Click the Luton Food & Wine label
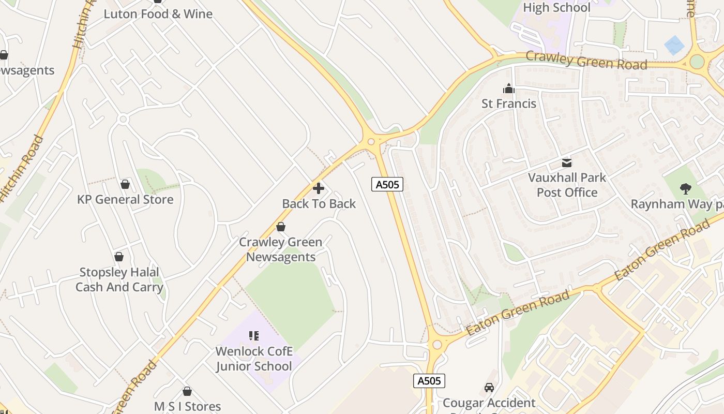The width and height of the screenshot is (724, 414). [x=158, y=14]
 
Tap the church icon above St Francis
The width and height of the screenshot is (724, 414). [x=509, y=88]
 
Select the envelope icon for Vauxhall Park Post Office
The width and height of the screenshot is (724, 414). [x=567, y=163]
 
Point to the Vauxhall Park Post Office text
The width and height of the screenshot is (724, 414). [x=567, y=185]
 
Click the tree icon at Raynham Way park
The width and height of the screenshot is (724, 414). [x=686, y=189]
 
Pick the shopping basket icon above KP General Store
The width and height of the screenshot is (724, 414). [x=125, y=184]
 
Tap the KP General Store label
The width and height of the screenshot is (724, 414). [x=125, y=200]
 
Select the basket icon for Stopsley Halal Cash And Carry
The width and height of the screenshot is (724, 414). [x=119, y=257]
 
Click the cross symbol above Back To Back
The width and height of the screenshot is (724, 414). [x=319, y=188]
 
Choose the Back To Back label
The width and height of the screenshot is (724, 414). [x=319, y=204]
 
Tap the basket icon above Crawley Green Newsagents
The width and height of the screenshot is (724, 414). [x=281, y=227]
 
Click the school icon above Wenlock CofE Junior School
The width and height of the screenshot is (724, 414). [x=253, y=336]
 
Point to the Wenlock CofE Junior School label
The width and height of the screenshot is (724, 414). [x=253, y=359]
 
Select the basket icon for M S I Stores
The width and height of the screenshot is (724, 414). [x=187, y=391]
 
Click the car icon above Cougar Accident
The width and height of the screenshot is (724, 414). [x=489, y=387]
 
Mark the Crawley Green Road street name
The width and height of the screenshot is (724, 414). [x=586, y=61]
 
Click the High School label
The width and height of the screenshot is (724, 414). [x=556, y=8]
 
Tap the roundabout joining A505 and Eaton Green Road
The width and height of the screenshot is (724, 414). [x=437, y=344]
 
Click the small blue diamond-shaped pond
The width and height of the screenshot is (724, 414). [x=674, y=45]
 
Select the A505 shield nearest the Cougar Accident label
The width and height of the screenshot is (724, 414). [x=429, y=381]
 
